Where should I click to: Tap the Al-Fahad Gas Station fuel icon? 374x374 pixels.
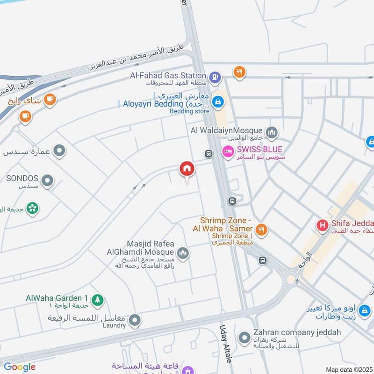[215, 77]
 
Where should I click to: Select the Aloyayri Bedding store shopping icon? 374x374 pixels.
[217, 101]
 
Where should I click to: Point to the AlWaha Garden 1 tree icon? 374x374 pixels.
[97, 299]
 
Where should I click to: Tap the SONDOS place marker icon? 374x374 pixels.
[47, 180]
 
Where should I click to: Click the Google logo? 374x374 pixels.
[20, 367]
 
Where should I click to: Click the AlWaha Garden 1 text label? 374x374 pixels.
[57, 298]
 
